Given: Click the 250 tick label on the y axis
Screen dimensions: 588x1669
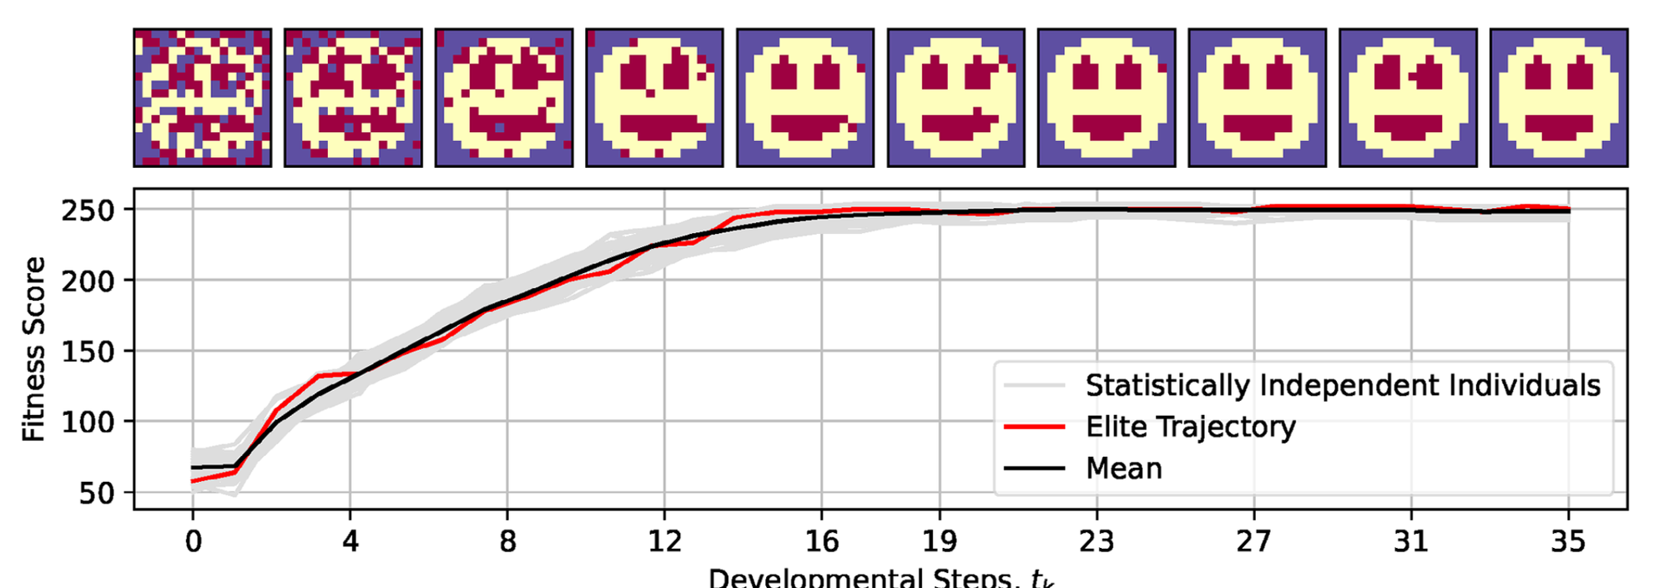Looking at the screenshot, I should [x=88, y=210].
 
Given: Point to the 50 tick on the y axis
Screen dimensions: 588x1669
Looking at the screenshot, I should [x=97, y=494].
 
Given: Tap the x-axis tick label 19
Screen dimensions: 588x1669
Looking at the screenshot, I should [x=940, y=542].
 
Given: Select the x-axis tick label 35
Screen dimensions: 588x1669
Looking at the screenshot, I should [x=1568, y=542].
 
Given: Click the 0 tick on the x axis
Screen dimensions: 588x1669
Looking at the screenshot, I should [x=193, y=542].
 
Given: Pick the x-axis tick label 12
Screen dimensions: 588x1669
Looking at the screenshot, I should [x=664, y=542].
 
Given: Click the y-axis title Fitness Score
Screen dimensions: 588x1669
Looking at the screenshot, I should [x=33, y=349].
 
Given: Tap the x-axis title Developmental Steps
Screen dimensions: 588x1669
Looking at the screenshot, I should [x=880, y=578].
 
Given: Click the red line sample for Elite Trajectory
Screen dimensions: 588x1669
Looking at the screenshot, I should [x=1034, y=427].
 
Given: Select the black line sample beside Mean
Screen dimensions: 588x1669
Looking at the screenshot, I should [x=1034, y=469].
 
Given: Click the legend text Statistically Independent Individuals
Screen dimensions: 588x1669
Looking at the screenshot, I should [x=1343, y=385].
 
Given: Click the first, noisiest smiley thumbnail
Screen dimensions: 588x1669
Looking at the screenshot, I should [x=203, y=98].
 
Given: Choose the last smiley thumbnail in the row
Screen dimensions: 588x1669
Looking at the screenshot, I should [x=1558, y=98].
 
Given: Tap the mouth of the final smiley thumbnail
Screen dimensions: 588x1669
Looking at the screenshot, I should [x=1558, y=127].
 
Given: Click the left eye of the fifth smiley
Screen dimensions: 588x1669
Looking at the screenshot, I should [x=784, y=74].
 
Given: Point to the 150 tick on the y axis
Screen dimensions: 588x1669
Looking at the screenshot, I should [x=88, y=352].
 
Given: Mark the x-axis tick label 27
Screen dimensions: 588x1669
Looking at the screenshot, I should [x=1253, y=542].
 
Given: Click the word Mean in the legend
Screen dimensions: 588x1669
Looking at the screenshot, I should [x=1123, y=469].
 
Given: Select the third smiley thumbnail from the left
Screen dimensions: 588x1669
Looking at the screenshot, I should [x=504, y=98].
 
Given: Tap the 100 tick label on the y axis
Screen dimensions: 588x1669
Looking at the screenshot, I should [x=88, y=423].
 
